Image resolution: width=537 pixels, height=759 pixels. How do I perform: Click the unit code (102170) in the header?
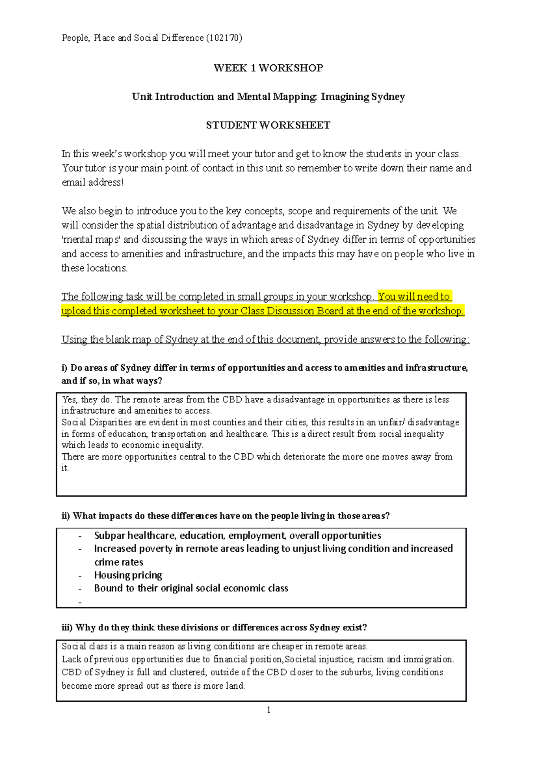[224, 38]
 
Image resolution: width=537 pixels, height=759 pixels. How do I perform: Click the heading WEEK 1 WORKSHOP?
[268, 68]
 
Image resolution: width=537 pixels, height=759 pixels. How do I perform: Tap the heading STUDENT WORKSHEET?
[268, 125]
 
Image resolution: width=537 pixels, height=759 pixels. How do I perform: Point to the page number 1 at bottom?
[268, 710]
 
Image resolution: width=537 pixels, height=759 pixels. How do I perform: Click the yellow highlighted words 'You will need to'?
[414, 296]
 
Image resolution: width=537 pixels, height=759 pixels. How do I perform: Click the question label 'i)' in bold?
[64, 368]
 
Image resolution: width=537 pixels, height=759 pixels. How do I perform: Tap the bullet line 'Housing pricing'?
[128, 575]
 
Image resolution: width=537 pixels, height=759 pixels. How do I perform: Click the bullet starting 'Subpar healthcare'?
[237, 536]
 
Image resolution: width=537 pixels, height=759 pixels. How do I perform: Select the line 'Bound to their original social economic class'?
[191, 588]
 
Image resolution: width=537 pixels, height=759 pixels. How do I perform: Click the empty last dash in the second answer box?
[80, 602]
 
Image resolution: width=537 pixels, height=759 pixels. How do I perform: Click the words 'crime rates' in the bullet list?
[119, 562]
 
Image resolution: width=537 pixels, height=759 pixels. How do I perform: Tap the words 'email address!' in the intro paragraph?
[92, 182]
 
